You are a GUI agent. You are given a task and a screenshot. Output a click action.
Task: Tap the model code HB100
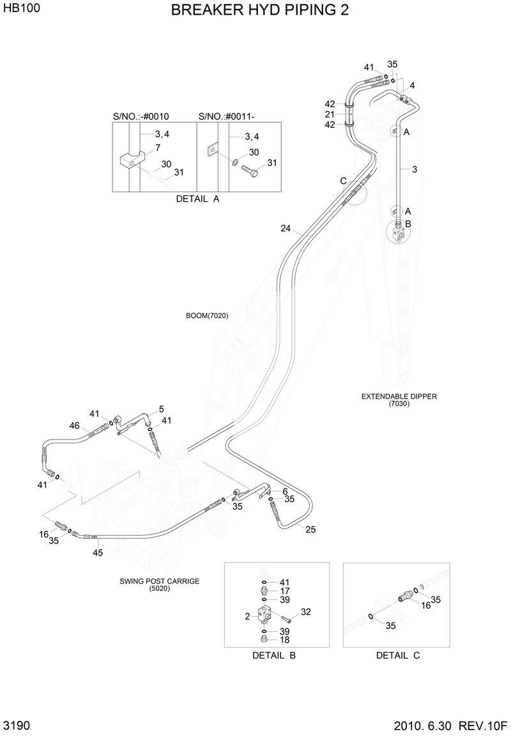click(x=19, y=9)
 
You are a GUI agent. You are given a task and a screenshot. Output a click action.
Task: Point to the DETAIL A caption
click(x=197, y=199)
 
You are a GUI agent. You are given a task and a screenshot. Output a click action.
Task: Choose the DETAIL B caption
click(x=273, y=655)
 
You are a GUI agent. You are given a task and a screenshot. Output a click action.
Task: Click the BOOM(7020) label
click(x=207, y=315)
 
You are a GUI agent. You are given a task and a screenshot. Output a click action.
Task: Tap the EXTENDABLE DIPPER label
click(x=399, y=397)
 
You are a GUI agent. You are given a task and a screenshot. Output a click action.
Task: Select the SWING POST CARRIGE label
click(x=160, y=581)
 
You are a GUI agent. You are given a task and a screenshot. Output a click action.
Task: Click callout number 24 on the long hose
click(x=286, y=228)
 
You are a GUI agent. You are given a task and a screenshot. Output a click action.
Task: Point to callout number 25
click(x=310, y=529)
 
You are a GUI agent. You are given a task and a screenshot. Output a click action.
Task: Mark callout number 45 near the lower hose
click(x=98, y=552)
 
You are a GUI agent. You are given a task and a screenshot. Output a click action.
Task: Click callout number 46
click(x=75, y=426)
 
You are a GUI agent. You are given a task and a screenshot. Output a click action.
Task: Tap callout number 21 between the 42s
click(x=330, y=114)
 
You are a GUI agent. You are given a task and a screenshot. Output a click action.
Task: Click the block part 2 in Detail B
click(x=264, y=616)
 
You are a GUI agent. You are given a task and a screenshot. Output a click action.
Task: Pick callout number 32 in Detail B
click(x=305, y=612)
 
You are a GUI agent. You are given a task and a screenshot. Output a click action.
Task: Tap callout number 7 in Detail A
click(x=158, y=148)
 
